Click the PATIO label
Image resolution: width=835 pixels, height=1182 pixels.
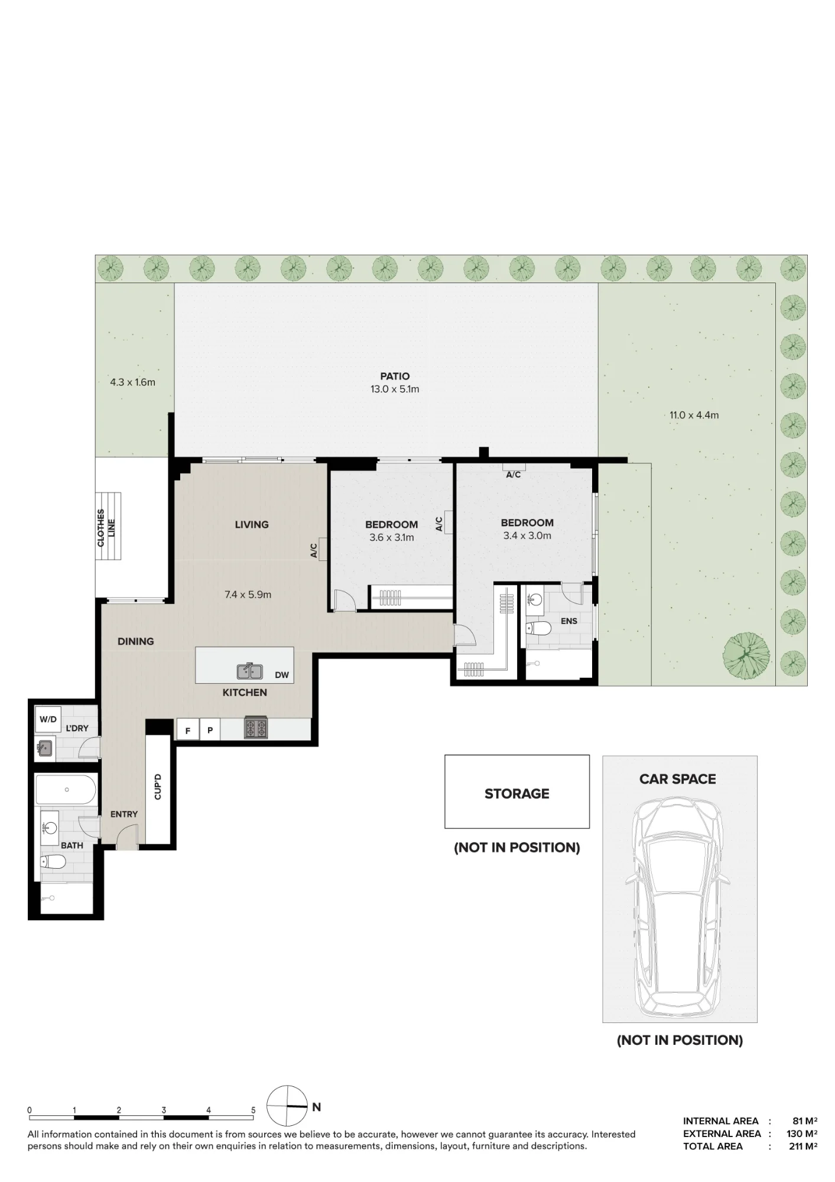pyautogui.click(x=395, y=376)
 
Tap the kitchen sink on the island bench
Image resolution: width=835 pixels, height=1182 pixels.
pyautogui.click(x=251, y=671)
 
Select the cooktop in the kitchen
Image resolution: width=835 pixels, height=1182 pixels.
pyautogui.click(x=256, y=728)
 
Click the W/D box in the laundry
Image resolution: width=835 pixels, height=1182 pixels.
pyautogui.click(x=48, y=719)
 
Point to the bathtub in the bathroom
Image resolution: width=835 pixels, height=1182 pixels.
pyautogui.click(x=66, y=790)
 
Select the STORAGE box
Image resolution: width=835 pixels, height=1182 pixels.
pyautogui.click(x=517, y=791)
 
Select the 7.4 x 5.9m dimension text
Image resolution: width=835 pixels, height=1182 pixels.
pyautogui.click(x=248, y=595)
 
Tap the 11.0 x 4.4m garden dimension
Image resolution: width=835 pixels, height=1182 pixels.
pyautogui.click(x=694, y=415)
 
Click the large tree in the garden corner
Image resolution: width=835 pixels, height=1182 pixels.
pyautogui.click(x=746, y=655)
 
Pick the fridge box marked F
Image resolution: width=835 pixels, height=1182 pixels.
pyautogui.click(x=188, y=729)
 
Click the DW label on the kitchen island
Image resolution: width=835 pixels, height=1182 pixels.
pyautogui.click(x=282, y=675)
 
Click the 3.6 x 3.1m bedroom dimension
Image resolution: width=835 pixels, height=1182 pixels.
pyautogui.click(x=392, y=537)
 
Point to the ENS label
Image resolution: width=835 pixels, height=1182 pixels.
pyautogui.click(x=569, y=621)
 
